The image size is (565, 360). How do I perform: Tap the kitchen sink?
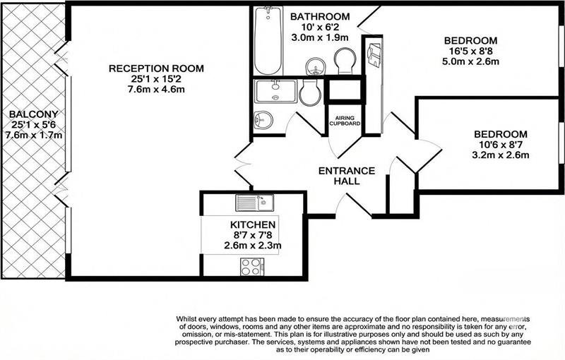(255, 203)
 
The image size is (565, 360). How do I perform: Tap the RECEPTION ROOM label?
(156, 68)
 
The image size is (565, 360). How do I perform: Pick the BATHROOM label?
(320, 17)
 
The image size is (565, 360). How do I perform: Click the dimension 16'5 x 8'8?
(471, 51)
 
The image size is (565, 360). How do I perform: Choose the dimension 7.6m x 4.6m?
(156, 90)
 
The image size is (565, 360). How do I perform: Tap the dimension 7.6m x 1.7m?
(33, 135)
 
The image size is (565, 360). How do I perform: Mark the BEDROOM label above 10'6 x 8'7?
(501, 134)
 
